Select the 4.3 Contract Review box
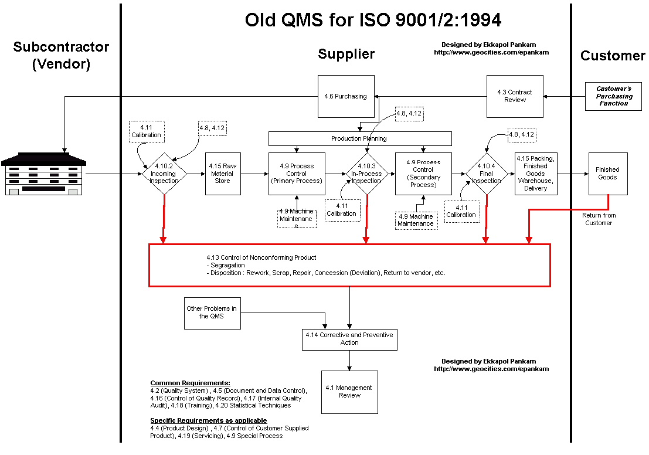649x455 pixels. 515,96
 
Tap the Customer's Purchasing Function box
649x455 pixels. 613,96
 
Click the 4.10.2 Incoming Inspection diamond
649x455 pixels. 164,174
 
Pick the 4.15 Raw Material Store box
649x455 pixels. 223,174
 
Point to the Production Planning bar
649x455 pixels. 359,138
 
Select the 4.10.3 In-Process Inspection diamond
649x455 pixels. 366,174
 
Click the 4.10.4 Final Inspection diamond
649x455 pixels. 486,174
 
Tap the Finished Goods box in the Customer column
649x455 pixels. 607,174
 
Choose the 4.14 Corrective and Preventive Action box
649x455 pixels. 349,339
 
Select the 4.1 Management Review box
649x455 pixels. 349,392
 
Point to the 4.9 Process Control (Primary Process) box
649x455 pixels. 296,174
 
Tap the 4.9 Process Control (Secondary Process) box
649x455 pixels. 423,174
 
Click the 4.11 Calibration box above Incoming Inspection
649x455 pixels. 146,131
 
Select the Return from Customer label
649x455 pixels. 599,219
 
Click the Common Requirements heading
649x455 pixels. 190,383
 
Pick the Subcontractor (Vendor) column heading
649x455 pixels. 61,55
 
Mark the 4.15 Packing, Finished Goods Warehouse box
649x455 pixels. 535,174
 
